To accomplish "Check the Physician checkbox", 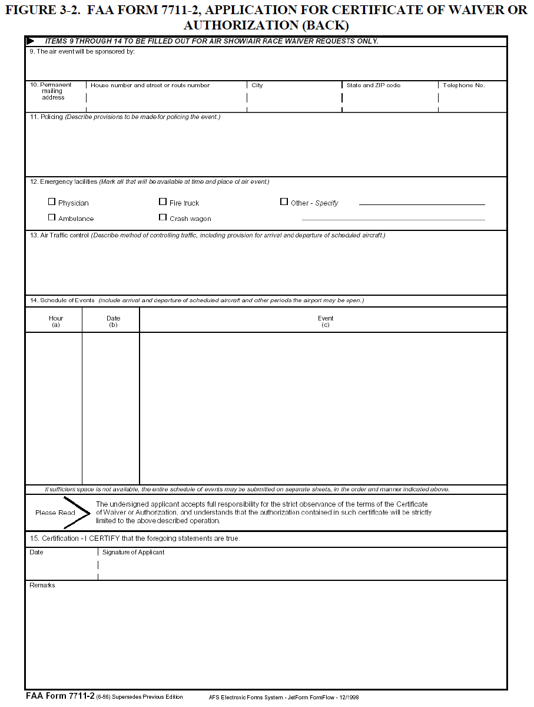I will pos(52,202).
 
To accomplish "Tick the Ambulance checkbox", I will pos(52,217).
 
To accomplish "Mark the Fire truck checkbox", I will pos(163,202).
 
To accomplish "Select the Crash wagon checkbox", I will pos(163,217).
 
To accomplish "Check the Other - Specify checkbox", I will pos(284,202).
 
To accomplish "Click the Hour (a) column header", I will pos(56,321).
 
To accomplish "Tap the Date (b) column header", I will pos(114,321).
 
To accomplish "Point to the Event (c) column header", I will pos(326,321).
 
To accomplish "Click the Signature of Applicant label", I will pos(133,553).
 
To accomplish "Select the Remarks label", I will pos(42,585).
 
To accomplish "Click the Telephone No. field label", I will pos(464,85).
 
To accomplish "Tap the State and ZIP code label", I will pos(373,85).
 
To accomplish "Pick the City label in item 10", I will pos(257,85).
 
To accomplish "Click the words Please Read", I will pos(55,513).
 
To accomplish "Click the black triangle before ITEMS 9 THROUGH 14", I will pos(31,41).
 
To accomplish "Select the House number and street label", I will pos(150,85).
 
